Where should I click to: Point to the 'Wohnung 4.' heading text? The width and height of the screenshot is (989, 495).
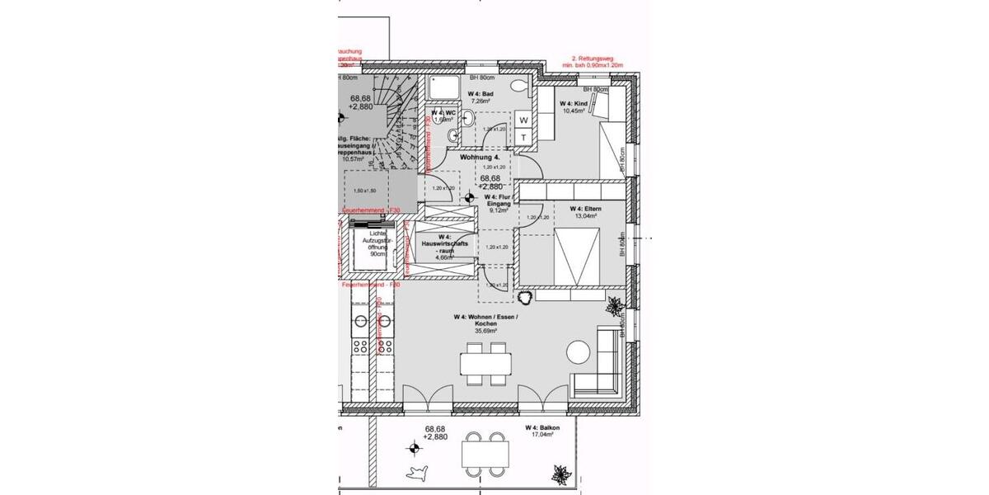[x=480, y=157]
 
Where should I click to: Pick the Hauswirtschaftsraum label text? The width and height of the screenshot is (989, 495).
[x=446, y=247]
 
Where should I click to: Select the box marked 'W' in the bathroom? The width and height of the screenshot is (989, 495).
[x=523, y=120]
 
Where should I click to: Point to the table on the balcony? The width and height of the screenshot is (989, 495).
[x=485, y=453]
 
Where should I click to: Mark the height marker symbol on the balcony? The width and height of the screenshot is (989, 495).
[x=413, y=448]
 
